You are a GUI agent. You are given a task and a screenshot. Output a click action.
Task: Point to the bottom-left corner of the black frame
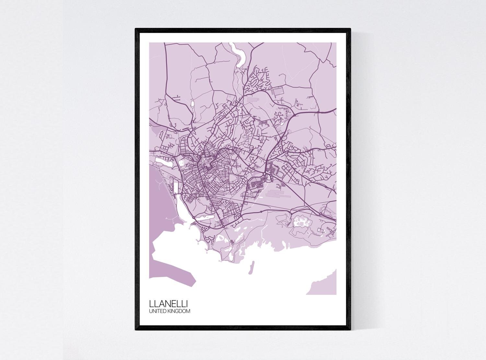coord(136,330)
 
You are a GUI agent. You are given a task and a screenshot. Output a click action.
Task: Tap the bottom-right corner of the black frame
coord(350,330)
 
